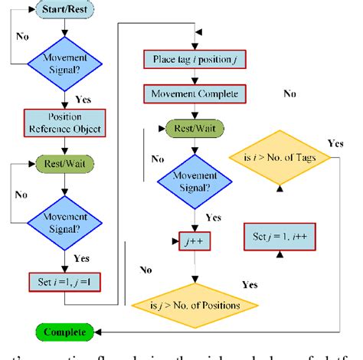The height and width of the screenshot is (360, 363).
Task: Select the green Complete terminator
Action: [64, 332]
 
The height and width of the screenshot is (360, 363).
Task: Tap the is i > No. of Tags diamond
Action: [281, 158]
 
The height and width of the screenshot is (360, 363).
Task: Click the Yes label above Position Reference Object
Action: [83, 100]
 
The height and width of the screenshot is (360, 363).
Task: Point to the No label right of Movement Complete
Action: [289, 93]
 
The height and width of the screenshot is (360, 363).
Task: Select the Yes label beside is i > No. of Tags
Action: [335, 143]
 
